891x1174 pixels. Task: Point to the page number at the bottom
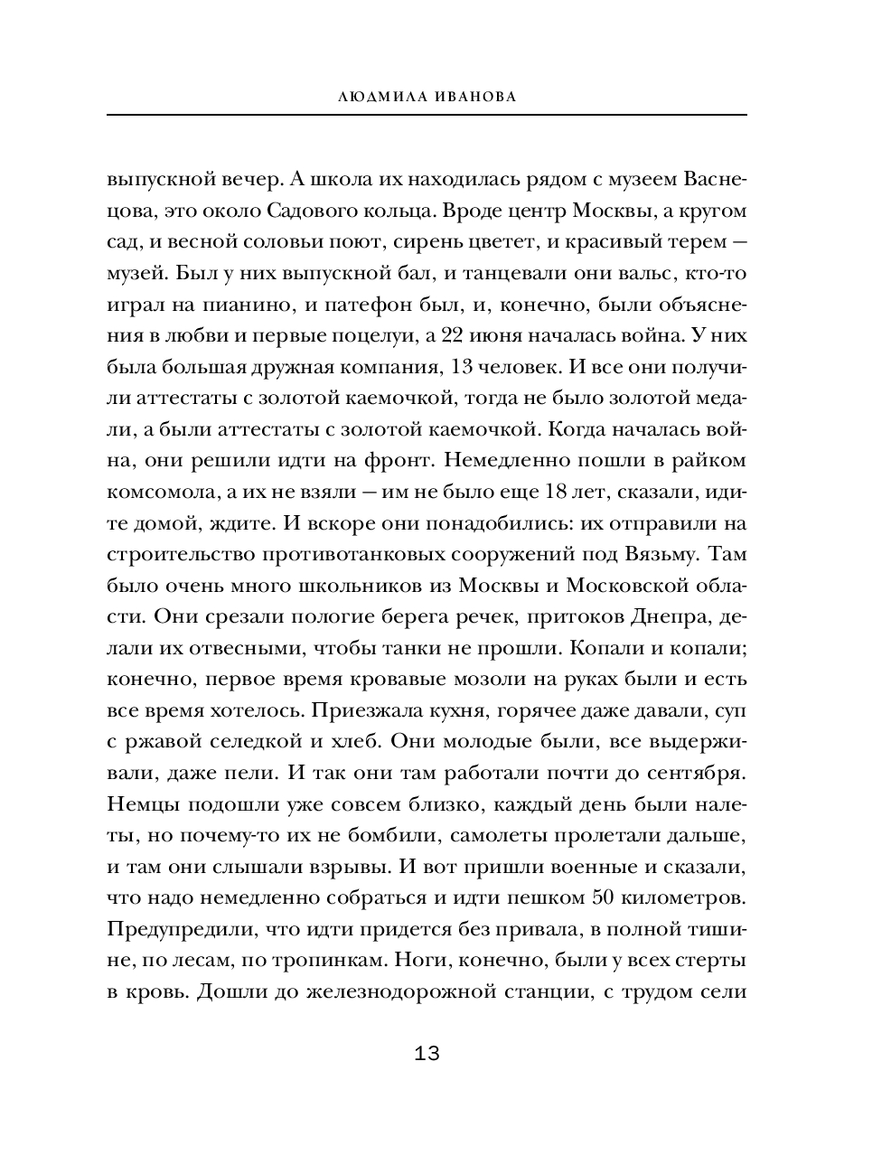(x=427, y=1053)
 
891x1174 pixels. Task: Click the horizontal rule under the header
(x=427, y=114)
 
